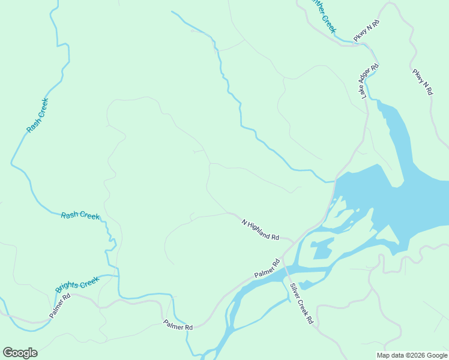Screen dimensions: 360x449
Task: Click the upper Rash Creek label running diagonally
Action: tap(37, 115)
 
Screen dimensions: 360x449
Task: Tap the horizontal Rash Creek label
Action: tap(80, 215)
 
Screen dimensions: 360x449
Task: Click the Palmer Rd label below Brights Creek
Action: tap(60, 305)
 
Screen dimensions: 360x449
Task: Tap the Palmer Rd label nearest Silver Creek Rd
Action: tap(267, 268)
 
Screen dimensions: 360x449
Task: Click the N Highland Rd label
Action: tap(261, 230)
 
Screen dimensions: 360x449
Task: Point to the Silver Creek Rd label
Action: tap(301, 304)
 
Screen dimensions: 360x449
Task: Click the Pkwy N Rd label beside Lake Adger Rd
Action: tap(367, 31)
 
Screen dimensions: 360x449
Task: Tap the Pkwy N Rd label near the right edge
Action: tap(423, 82)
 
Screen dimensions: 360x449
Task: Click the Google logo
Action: tap(20, 353)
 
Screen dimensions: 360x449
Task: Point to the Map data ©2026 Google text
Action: tap(412, 355)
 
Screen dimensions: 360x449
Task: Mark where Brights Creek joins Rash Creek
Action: tap(116, 276)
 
